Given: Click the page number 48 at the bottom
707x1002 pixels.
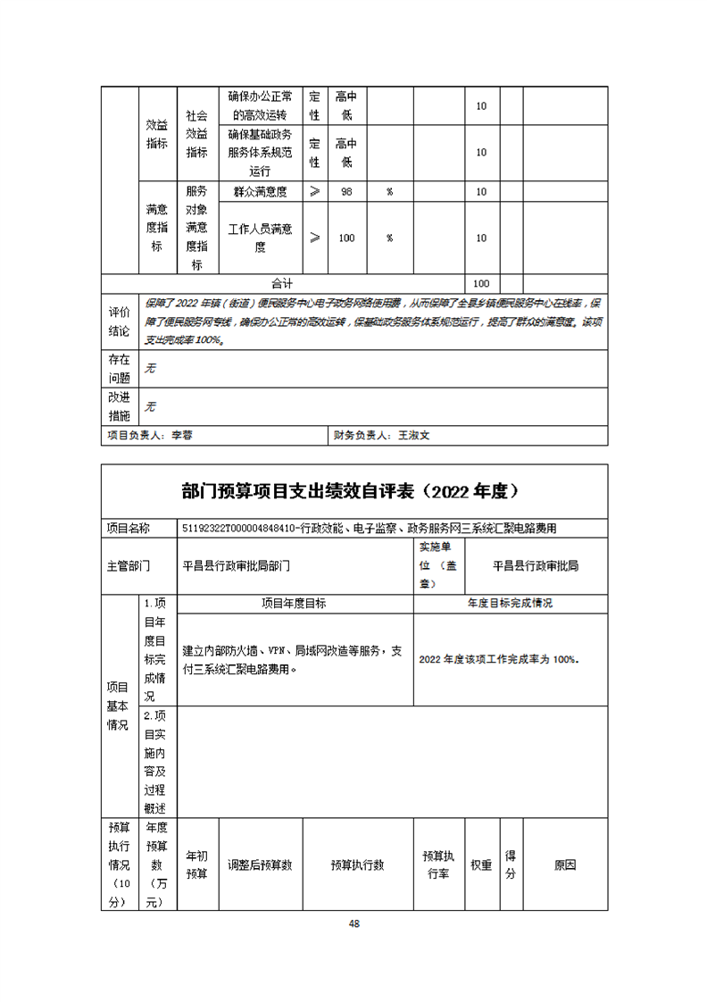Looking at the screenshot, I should pos(354,923).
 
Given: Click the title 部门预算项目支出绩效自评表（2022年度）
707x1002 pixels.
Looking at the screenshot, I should pos(353,491).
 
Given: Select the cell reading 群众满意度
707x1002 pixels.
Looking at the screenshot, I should pos(260,192).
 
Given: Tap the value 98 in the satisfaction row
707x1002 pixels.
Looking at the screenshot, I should pos(346,192).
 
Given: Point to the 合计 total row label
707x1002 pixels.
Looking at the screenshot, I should pos(282,283).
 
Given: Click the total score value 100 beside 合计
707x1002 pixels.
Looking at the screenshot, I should pos(481,283).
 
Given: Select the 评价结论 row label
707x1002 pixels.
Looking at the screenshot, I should pos(119,321).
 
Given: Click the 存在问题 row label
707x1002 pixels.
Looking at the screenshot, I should pos(119,369).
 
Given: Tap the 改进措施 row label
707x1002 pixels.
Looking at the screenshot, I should pos(119,407).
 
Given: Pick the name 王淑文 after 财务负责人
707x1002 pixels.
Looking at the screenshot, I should pos(413,436).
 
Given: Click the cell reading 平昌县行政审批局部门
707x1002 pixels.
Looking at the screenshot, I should pos(237,565).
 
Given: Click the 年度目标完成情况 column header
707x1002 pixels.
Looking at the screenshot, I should pos(510,604).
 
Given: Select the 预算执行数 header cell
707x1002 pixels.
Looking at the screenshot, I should pos(357,864).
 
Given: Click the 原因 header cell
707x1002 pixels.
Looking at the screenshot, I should pos(564,864).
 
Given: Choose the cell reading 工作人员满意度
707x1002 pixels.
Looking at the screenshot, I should pos(260,238).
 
